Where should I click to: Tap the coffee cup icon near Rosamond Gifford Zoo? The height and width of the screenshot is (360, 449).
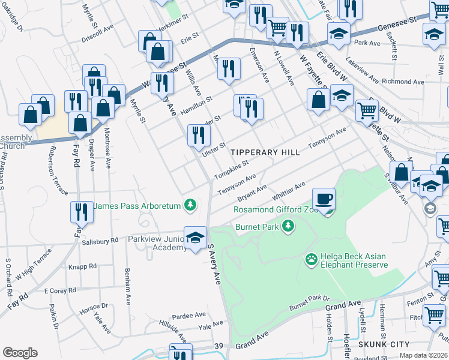324,199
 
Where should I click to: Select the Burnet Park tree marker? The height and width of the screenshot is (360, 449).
289,225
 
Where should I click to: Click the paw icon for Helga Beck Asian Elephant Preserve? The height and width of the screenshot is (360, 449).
311,260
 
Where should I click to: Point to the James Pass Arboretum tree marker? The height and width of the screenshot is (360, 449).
190,206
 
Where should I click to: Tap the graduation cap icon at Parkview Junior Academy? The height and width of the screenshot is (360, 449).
195,238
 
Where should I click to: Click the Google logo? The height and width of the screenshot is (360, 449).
20,353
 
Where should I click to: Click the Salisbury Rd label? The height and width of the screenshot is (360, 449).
97,242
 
